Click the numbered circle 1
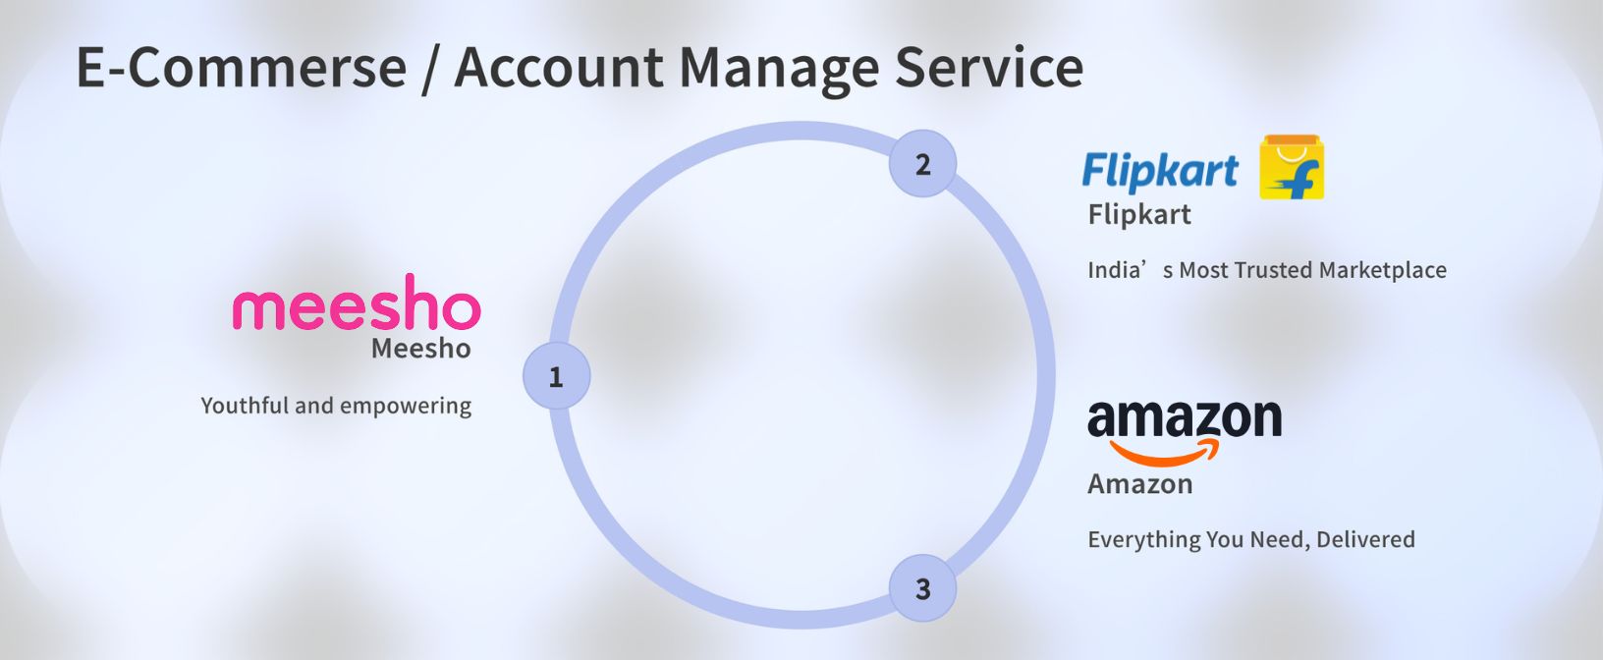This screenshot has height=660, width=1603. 556,376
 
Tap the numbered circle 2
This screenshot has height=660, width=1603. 922,164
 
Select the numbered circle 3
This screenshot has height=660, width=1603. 922,588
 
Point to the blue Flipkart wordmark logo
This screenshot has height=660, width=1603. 1159,171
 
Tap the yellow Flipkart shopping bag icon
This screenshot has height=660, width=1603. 1292,168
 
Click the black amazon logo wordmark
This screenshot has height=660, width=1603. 1185,419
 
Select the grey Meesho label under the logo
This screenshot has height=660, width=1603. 420,349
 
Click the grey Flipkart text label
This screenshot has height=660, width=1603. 1139,214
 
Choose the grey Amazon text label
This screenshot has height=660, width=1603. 1140,483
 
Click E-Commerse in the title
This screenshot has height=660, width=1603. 242,68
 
